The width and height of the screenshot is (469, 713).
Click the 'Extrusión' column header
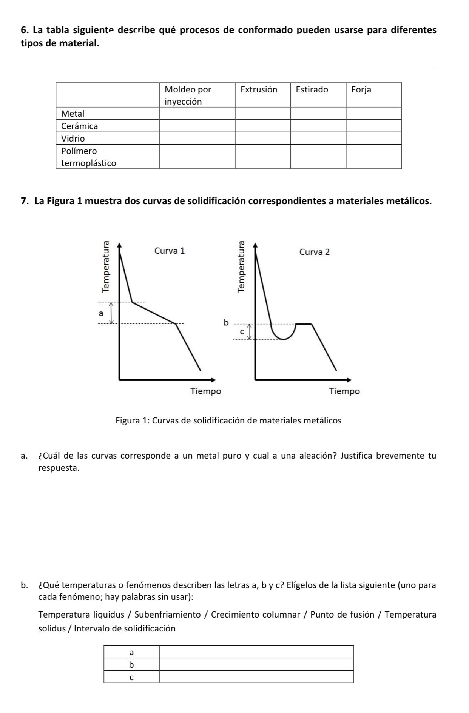point(259,90)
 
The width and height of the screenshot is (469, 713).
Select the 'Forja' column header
point(361,90)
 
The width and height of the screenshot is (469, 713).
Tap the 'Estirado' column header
point(312,90)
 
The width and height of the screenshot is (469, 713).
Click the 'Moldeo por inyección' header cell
point(188,95)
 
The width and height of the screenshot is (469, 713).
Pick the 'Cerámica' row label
point(79,126)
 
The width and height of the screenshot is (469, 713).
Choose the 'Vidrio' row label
point(73,139)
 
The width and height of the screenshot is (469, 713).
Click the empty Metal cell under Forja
point(373,114)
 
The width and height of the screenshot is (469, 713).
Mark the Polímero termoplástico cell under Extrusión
point(263,157)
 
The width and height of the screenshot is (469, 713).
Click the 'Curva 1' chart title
point(170,251)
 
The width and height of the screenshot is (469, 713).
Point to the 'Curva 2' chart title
point(314,252)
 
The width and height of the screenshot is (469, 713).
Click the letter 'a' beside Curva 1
point(100,313)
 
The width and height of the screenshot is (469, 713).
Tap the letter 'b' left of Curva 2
point(226,323)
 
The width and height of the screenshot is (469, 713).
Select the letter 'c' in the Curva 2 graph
point(243,331)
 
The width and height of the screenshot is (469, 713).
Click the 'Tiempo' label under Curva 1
point(205,391)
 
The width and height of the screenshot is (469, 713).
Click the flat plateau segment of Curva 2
point(304,324)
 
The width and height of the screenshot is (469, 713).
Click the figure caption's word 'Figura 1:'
point(131,420)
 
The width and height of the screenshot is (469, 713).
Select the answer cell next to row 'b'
point(256,664)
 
